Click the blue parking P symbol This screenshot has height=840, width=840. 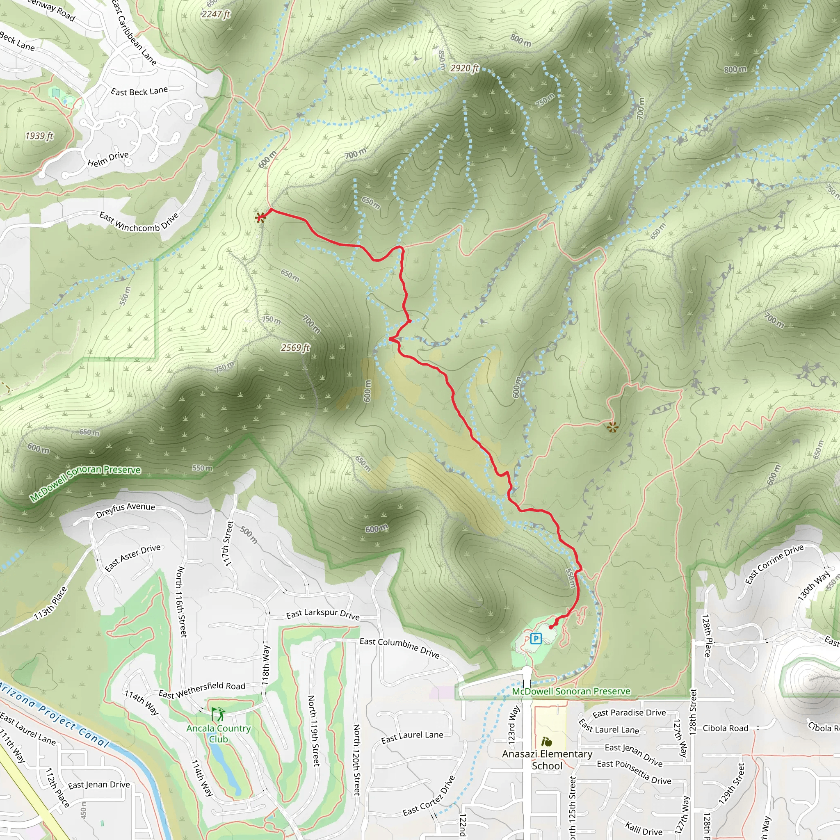tap(536, 639)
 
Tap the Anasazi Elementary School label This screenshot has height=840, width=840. tap(547, 760)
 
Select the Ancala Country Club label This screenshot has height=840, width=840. tap(218, 733)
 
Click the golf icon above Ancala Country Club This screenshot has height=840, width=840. tap(218, 714)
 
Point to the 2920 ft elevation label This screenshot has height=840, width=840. tap(464, 68)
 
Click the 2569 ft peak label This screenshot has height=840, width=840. tap(295, 347)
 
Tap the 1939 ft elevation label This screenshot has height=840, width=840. tap(39, 136)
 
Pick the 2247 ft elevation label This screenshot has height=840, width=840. tap(216, 14)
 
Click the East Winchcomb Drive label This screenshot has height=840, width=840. tap(139, 222)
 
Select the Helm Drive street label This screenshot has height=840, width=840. tap(108, 159)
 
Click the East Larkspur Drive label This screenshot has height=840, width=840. tap(323, 614)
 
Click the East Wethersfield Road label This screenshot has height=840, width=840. tap(202, 689)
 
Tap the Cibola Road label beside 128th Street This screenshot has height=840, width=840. tap(726, 728)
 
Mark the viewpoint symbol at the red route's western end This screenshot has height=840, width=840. tap(260, 217)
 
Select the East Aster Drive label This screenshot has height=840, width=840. tap(132, 558)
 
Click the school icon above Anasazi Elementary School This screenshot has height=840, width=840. tap(546, 741)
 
